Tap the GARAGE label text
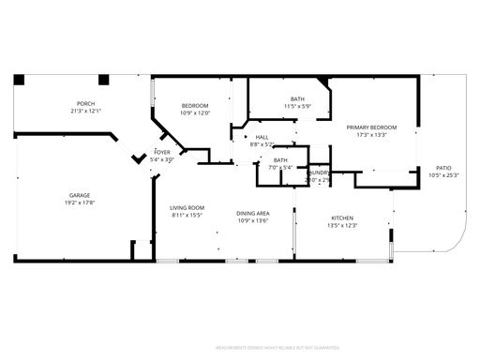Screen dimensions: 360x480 click(x=80, y=196)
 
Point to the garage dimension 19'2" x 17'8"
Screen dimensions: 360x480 click(x=80, y=203)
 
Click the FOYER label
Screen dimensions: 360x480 click(x=162, y=152)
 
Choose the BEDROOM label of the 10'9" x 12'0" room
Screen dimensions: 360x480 click(x=195, y=106)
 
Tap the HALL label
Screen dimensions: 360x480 click(x=262, y=137)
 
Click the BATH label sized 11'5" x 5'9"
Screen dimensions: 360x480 click(x=297, y=98)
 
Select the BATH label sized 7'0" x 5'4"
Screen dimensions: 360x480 click(x=280, y=160)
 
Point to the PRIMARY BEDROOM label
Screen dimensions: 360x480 click(x=371, y=127)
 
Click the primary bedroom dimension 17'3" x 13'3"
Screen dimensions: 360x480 click(x=371, y=135)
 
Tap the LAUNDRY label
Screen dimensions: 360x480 click(x=319, y=172)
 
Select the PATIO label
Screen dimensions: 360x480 click(x=443, y=168)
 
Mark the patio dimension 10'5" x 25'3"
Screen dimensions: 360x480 click(x=443, y=175)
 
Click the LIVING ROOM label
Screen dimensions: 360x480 click(x=187, y=208)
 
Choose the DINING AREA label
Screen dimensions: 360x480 click(x=253, y=214)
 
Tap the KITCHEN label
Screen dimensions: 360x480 click(x=343, y=217)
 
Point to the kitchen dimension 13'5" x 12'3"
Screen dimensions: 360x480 click(x=343, y=225)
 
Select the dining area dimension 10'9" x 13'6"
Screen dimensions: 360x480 click(x=253, y=221)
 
